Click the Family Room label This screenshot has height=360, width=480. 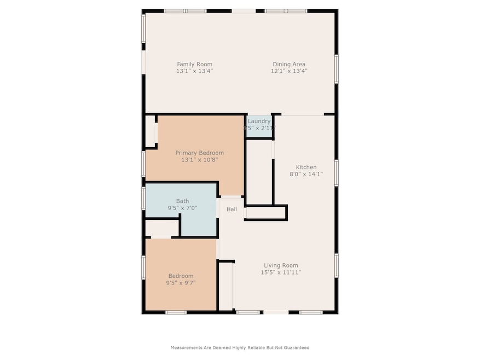tap(194, 64)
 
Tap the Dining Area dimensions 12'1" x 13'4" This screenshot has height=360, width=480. tap(289, 71)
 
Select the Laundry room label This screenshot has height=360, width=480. tap(259, 121)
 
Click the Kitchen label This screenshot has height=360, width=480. tap(306, 167)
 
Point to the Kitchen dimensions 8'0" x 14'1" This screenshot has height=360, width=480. tap(306, 175)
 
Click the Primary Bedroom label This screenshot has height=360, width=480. tap(199, 153)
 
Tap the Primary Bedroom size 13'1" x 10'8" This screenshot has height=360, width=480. tap(199, 160)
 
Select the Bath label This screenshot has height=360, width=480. tap(182, 201)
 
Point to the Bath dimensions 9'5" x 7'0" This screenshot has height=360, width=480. tap(182, 208)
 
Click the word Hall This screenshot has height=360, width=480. tap(232, 209)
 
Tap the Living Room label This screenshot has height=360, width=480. tap(281, 265)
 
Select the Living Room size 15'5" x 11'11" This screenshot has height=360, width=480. tap(281, 272)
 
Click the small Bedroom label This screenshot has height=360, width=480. tap(181, 276)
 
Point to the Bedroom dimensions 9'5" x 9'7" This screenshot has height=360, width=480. tap(181, 283)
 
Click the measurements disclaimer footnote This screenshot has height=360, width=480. tap(240, 347)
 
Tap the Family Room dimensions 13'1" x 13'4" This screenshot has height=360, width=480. tap(194, 71)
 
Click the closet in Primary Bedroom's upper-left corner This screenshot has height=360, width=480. tap(150, 131)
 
